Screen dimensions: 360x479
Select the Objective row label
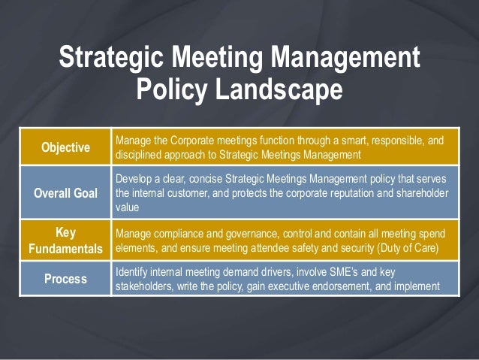tap(65, 147)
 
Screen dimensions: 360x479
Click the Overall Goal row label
tap(65, 193)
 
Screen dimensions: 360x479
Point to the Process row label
tap(65, 279)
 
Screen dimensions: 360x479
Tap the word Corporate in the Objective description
tap(188, 140)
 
